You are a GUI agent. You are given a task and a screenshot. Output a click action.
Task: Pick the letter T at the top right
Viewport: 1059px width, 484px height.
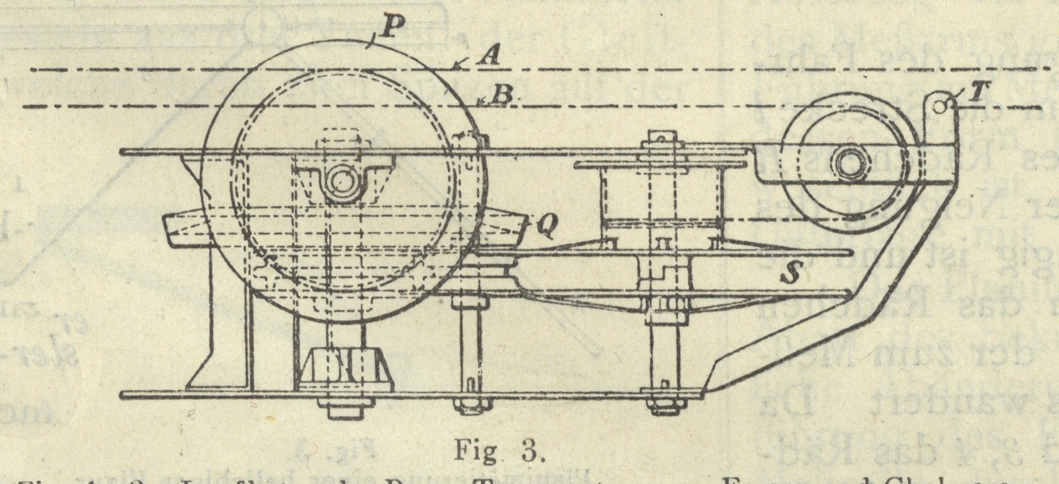(x=974, y=93)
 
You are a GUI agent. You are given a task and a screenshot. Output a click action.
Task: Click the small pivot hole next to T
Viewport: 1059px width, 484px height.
(x=939, y=106)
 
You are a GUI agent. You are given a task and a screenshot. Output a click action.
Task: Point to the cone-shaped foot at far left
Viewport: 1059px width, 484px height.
(x=208, y=355)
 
